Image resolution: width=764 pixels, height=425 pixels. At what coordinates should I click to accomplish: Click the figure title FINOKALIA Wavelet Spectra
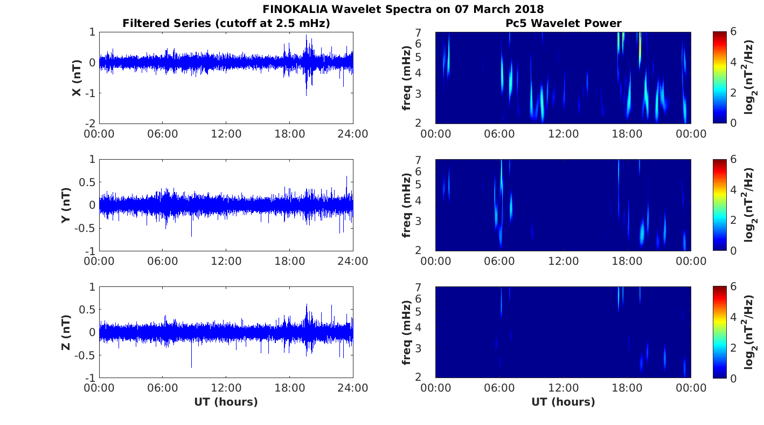[x=403, y=9]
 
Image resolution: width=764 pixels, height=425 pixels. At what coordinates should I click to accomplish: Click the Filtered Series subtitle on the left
[x=226, y=23]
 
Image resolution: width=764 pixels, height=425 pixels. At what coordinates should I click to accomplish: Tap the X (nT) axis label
[x=77, y=78]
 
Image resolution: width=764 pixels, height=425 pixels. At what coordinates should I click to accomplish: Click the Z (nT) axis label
[x=66, y=332]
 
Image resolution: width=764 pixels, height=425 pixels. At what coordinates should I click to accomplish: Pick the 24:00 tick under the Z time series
[x=353, y=388]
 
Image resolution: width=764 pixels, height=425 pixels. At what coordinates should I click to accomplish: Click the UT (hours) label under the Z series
[x=226, y=402]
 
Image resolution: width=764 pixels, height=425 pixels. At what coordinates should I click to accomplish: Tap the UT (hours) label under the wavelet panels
[x=563, y=402]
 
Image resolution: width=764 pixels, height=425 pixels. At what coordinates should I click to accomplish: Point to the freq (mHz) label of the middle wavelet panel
[x=407, y=205]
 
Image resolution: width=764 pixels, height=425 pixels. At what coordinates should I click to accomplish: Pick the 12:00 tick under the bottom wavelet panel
[x=563, y=388]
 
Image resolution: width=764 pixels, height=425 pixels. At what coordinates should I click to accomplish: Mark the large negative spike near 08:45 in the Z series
[x=191, y=366]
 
